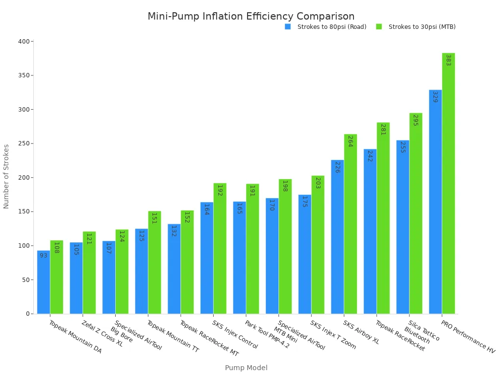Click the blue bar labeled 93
coord(44,282)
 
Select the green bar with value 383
coord(448,184)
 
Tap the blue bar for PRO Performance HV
coord(435,202)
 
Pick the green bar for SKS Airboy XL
coord(351,224)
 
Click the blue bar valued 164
coord(207,258)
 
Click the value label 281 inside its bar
coord(383,130)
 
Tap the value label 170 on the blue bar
coord(272,205)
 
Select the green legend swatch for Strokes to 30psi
coord(379,27)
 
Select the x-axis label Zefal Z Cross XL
coord(102,333)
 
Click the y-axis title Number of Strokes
coord(6,176)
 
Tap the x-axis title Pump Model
coord(246,368)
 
